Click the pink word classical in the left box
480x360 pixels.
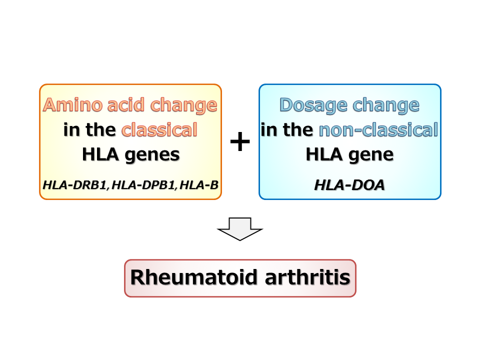[159, 130]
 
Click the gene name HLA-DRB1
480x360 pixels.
[75, 185]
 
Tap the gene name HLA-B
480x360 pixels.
[198, 185]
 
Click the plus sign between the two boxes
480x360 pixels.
[240, 142]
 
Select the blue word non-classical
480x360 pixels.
[378, 130]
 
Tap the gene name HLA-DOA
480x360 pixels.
[349, 185]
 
